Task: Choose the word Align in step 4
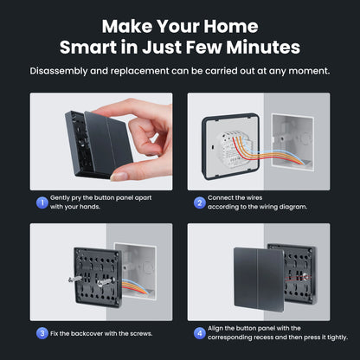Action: click(221, 329)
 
